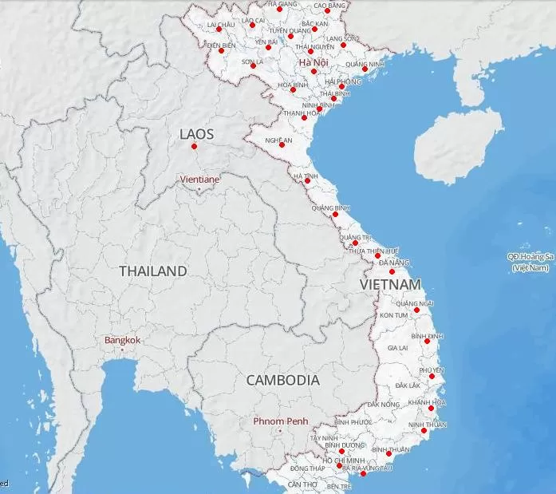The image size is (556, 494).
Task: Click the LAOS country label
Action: click(x=198, y=133)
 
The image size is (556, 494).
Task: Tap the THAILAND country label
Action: click(x=153, y=271)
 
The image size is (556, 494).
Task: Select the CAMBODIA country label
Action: click(x=282, y=380)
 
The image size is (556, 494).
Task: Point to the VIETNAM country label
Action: click(x=390, y=285)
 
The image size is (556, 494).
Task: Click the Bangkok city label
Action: click(x=122, y=340)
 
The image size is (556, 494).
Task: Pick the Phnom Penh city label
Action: click(x=280, y=421)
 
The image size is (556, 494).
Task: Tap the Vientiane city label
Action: click(x=199, y=180)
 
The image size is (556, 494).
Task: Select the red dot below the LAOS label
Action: click(x=194, y=146)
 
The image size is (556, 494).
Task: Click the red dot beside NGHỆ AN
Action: click(x=282, y=144)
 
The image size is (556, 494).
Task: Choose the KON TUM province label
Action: click(x=393, y=315)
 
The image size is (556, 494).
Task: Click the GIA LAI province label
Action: click(x=397, y=348)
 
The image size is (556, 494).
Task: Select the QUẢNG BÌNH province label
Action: click(x=330, y=207)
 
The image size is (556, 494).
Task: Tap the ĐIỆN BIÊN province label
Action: click(x=221, y=45)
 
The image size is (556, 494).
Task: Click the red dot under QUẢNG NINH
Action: click(x=365, y=69)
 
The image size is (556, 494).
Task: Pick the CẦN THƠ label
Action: click(x=302, y=484)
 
